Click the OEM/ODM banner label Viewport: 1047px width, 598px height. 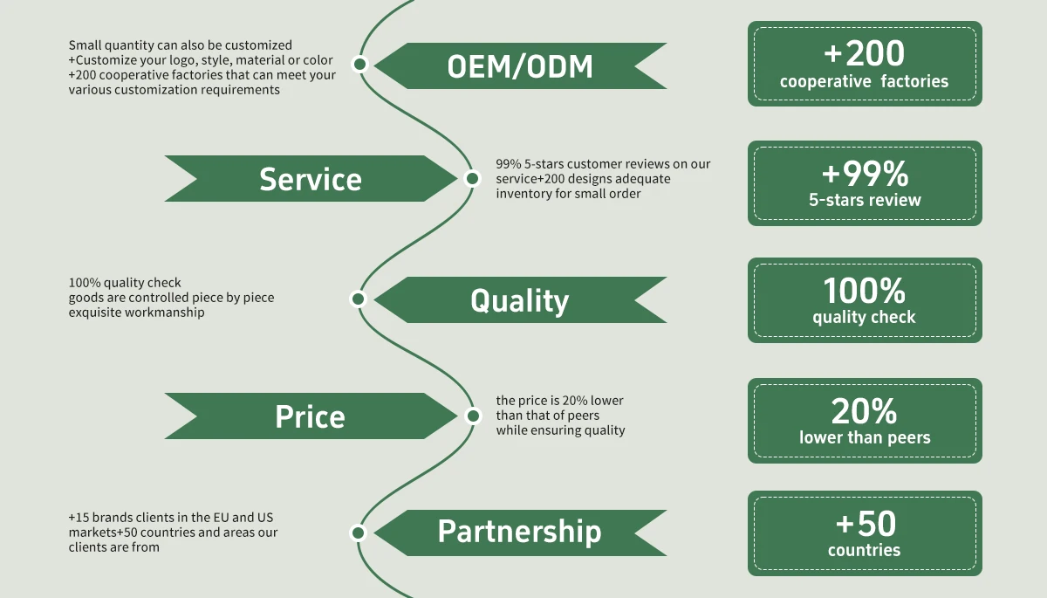click(x=520, y=66)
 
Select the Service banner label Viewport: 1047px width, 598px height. click(x=311, y=179)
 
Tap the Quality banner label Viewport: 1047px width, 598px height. click(x=519, y=300)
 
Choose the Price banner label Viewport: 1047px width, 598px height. click(x=311, y=416)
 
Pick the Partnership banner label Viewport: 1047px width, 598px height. click(x=519, y=531)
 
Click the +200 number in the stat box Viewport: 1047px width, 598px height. click(x=864, y=54)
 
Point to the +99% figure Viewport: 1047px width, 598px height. click(x=864, y=175)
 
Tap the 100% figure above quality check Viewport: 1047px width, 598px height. click(x=864, y=291)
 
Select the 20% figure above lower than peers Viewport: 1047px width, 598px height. click(x=864, y=411)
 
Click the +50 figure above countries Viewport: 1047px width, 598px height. click(x=864, y=524)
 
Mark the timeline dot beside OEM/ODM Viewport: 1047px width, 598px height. click(x=359, y=64)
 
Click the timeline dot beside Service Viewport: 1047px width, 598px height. click(x=472, y=178)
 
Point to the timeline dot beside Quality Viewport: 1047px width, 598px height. click(x=358, y=299)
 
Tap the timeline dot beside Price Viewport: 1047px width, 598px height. click(x=472, y=416)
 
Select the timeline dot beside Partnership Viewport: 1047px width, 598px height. click(x=358, y=533)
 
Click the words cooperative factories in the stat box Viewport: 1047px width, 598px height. click(x=864, y=82)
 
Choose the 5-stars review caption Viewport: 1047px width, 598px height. click(x=864, y=200)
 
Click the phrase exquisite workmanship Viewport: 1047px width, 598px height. click(x=137, y=312)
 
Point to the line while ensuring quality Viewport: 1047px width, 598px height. click(x=560, y=430)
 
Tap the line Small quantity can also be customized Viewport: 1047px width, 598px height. click(x=181, y=45)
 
